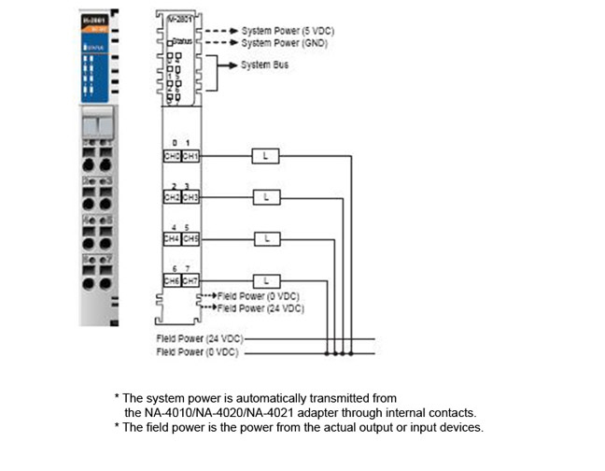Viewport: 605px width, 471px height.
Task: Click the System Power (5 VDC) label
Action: tap(288, 31)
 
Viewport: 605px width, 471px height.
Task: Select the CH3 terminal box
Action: tap(190, 197)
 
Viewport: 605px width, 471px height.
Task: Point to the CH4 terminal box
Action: tap(172, 238)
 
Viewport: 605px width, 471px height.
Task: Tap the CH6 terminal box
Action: tap(172, 279)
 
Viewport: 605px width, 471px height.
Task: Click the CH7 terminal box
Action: tap(190, 279)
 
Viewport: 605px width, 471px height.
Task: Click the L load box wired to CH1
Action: tap(266, 155)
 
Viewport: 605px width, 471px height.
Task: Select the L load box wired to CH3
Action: tap(266, 197)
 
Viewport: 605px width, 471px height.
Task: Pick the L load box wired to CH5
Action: tap(266, 238)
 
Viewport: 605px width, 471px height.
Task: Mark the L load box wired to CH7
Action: tap(266, 279)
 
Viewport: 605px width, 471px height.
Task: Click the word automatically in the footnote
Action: tap(254, 397)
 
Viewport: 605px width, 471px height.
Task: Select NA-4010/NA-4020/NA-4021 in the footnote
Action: tap(219, 411)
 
